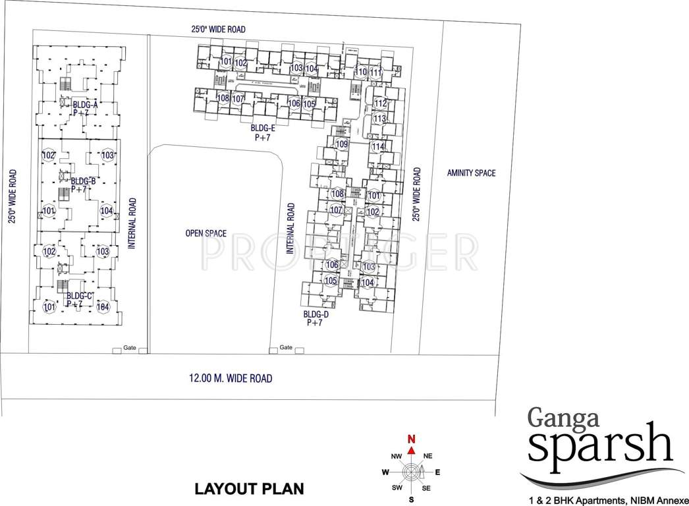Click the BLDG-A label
click(86, 105)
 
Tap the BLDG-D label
click(316, 314)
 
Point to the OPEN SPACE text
click(206, 233)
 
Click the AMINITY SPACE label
click(470, 173)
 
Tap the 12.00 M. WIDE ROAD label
click(231, 379)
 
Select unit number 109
click(341, 144)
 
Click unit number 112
click(380, 103)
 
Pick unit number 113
click(379, 119)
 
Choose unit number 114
click(377, 146)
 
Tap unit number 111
click(375, 72)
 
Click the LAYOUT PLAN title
click(249, 489)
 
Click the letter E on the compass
click(437, 472)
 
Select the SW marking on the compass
click(397, 488)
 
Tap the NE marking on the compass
click(427, 456)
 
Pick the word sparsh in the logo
click(599, 447)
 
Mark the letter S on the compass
click(412, 500)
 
